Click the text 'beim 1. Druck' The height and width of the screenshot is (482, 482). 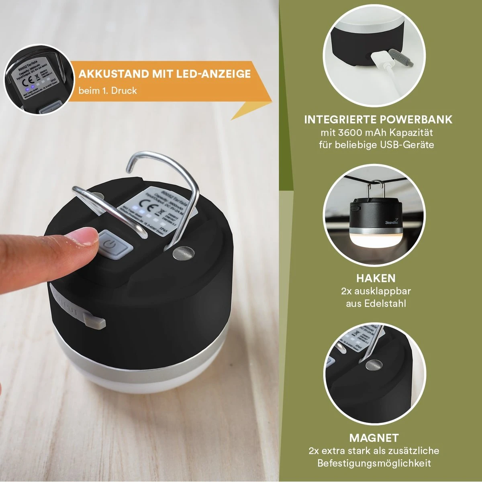click(x=108, y=91)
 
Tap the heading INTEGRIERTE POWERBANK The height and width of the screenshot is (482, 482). click(x=378, y=119)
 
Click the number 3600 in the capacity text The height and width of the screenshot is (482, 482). click(x=349, y=132)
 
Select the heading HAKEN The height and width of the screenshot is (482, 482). click(x=376, y=278)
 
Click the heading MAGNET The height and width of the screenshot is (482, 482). click(x=374, y=438)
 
